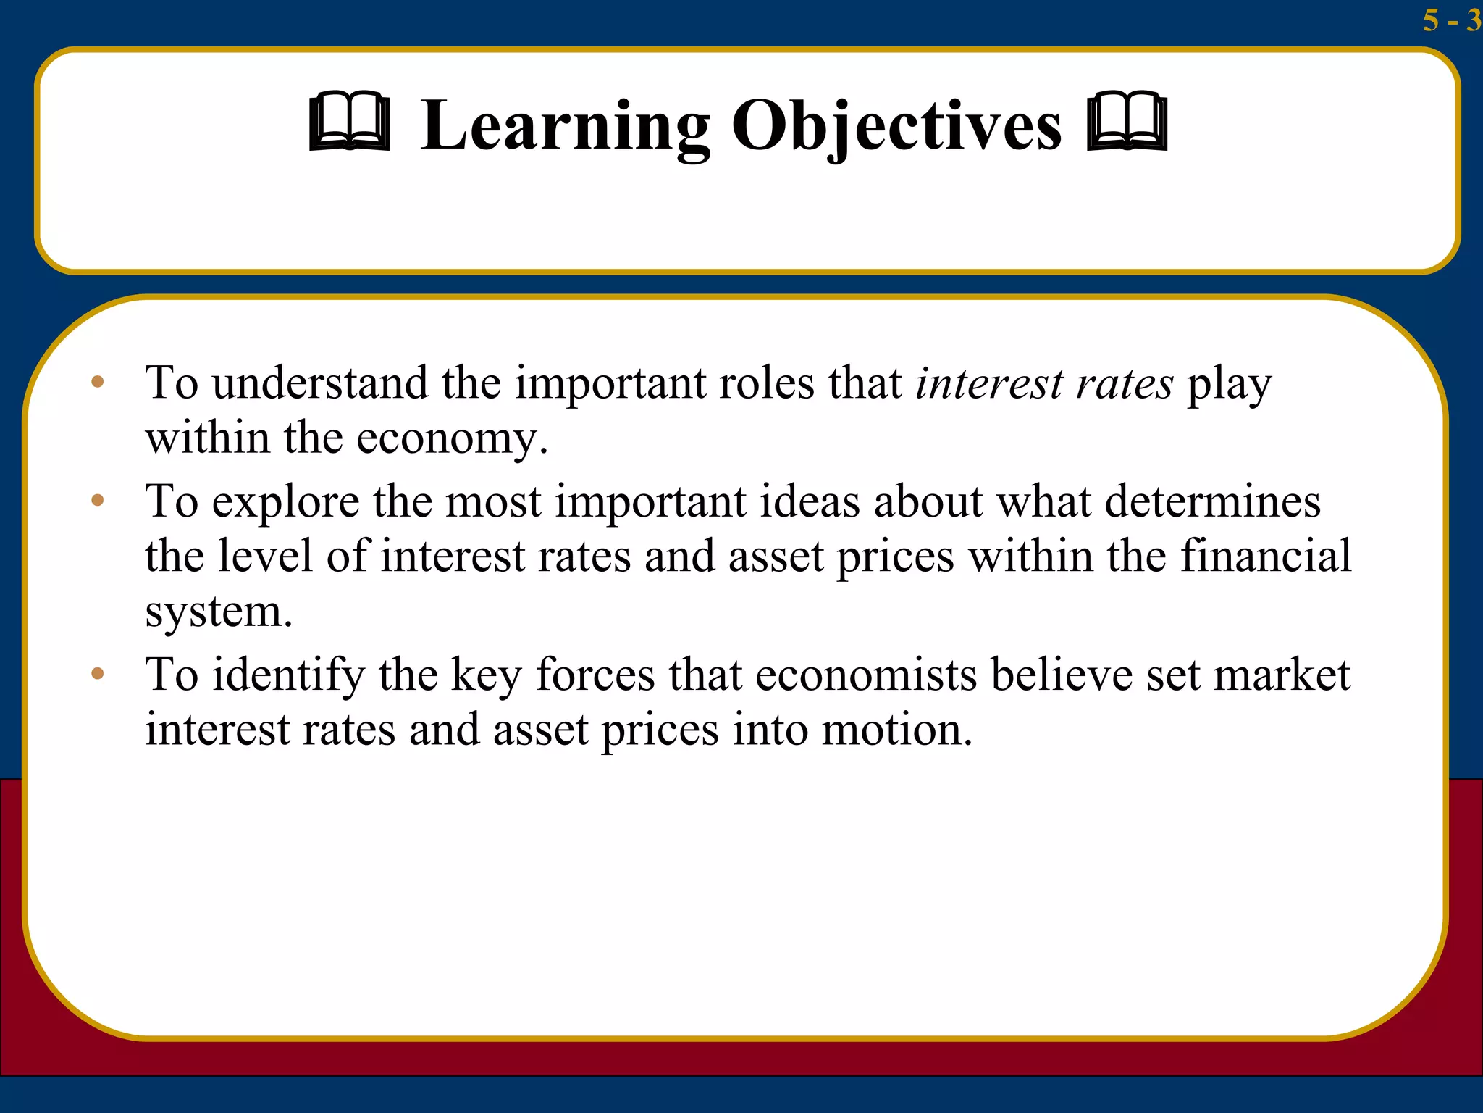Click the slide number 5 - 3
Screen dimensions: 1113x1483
1450,20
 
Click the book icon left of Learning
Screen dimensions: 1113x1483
349,122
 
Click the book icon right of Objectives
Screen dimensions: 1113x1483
1127,122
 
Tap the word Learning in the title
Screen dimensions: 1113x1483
565,125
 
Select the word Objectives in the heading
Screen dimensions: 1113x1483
896,125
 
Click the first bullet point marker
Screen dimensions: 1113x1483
98,382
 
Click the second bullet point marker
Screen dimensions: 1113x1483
98,500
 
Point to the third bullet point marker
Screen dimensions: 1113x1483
98,674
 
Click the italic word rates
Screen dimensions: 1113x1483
1124,384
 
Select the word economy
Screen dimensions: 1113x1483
452,438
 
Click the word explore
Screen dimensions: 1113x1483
285,501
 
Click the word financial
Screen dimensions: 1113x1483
1266,556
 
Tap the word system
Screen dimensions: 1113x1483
218,612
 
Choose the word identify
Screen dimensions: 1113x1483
288,675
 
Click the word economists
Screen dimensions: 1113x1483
866,675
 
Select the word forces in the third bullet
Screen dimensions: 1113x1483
595,675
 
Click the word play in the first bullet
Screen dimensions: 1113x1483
1229,385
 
